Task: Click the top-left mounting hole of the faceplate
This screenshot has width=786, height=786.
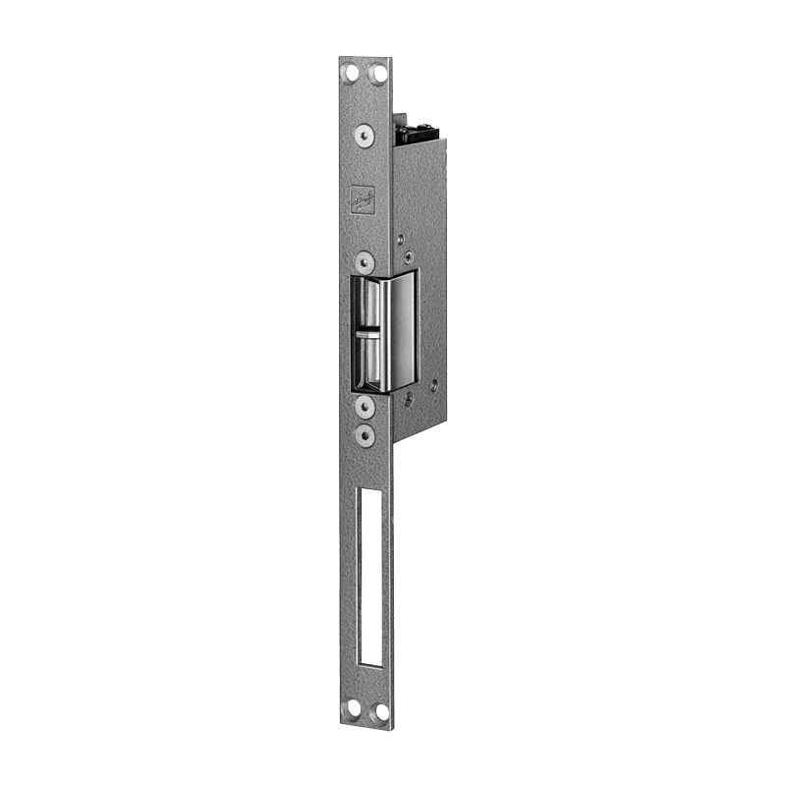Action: click(352, 72)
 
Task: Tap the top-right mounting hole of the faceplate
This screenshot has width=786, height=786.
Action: click(377, 73)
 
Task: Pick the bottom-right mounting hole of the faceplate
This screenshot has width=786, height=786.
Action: click(380, 709)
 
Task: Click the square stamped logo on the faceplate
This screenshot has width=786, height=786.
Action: click(364, 199)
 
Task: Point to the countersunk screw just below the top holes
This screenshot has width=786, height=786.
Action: click(365, 135)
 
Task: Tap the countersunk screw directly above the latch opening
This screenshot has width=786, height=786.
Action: click(365, 262)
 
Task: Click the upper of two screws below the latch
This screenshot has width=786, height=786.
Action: click(365, 406)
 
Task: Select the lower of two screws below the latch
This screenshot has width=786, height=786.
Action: click(365, 432)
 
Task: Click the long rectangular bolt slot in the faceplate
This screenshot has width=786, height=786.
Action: click(371, 575)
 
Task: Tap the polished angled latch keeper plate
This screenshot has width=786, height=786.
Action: click(402, 331)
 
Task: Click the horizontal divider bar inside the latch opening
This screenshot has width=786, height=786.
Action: click(367, 331)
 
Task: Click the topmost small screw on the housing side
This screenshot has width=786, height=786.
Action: click(401, 237)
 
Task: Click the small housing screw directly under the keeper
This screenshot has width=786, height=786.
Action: click(409, 399)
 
